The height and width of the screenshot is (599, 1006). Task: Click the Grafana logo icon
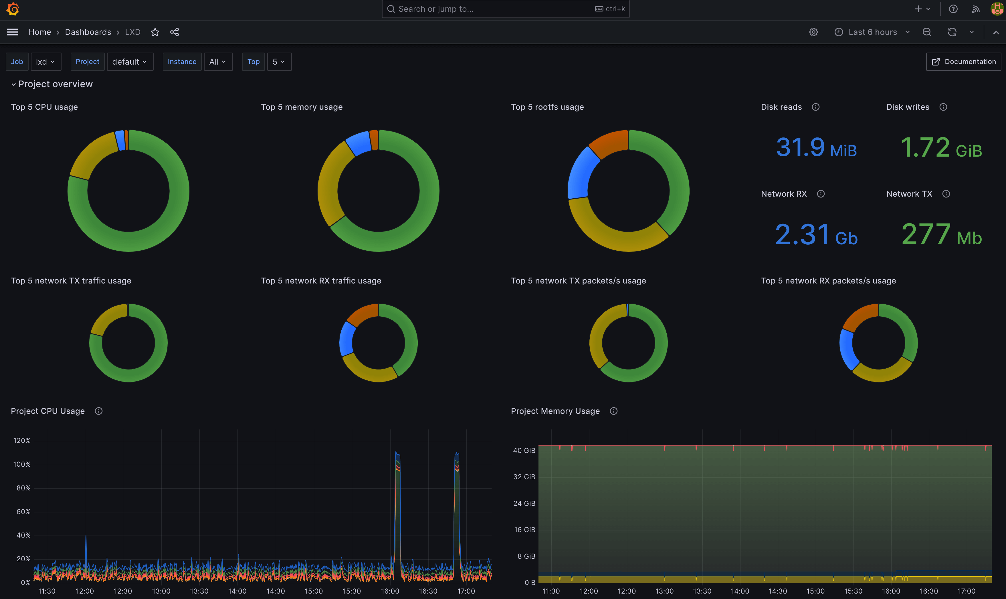tap(13, 9)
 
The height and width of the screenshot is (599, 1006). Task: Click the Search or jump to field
tap(505, 9)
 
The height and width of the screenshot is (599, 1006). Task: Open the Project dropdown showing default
tap(130, 62)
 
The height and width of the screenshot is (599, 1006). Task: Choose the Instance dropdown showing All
tap(218, 62)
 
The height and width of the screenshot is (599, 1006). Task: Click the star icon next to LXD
tap(155, 32)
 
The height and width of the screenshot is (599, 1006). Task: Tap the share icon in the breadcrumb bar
tap(175, 32)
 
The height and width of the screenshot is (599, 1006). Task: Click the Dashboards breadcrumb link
tap(88, 32)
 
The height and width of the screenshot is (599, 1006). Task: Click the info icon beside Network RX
tap(821, 194)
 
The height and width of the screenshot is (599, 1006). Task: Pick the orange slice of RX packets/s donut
tap(859, 317)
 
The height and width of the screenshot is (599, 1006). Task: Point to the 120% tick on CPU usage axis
tap(22, 440)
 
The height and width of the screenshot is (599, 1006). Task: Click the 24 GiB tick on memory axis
tap(524, 503)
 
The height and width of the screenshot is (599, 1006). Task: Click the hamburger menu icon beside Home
tap(13, 32)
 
